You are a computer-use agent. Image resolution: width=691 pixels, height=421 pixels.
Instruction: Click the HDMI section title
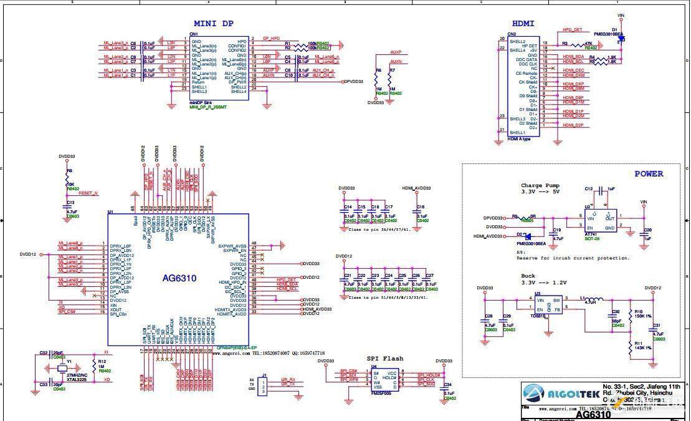point(523,23)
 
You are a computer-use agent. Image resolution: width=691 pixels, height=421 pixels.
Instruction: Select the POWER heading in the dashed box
point(649,174)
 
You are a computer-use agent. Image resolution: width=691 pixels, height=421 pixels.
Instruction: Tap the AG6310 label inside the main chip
point(180,278)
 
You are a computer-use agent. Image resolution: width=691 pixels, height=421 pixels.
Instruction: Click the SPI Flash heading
point(384,359)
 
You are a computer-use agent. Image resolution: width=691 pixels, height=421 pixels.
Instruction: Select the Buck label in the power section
point(528,276)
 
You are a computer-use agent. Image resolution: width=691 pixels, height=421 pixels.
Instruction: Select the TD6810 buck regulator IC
point(548,305)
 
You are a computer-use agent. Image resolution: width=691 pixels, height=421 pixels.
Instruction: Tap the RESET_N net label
point(88,193)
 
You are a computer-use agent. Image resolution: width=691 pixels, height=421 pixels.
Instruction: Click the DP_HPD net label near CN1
point(271,39)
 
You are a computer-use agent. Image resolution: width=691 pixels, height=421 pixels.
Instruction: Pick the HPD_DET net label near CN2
point(573,29)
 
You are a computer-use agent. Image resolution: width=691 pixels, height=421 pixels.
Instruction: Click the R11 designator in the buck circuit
point(638,344)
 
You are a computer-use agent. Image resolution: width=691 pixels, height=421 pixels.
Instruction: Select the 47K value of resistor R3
point(588,44)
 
